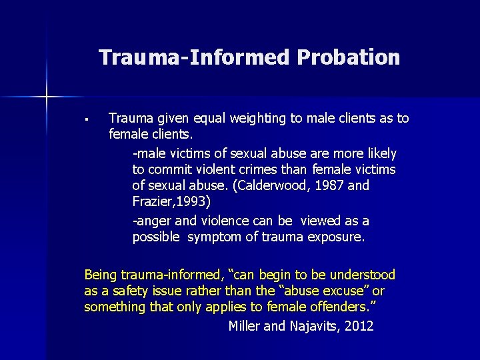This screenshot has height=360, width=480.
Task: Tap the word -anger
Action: (x=153, y=221)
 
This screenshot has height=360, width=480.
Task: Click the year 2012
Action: (x=359, y=326)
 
